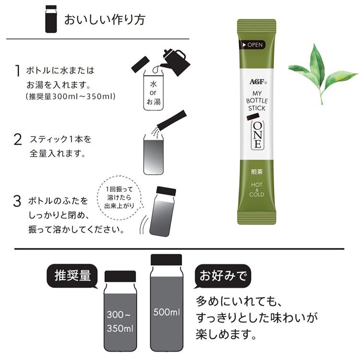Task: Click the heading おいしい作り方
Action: click(104, 20)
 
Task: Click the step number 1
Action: click(18, 72)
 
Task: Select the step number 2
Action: click(18, 140)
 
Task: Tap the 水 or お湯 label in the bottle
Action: click(156, 91)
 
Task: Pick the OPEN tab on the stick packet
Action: click(252, 45)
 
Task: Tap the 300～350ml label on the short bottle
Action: click(120, 322)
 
